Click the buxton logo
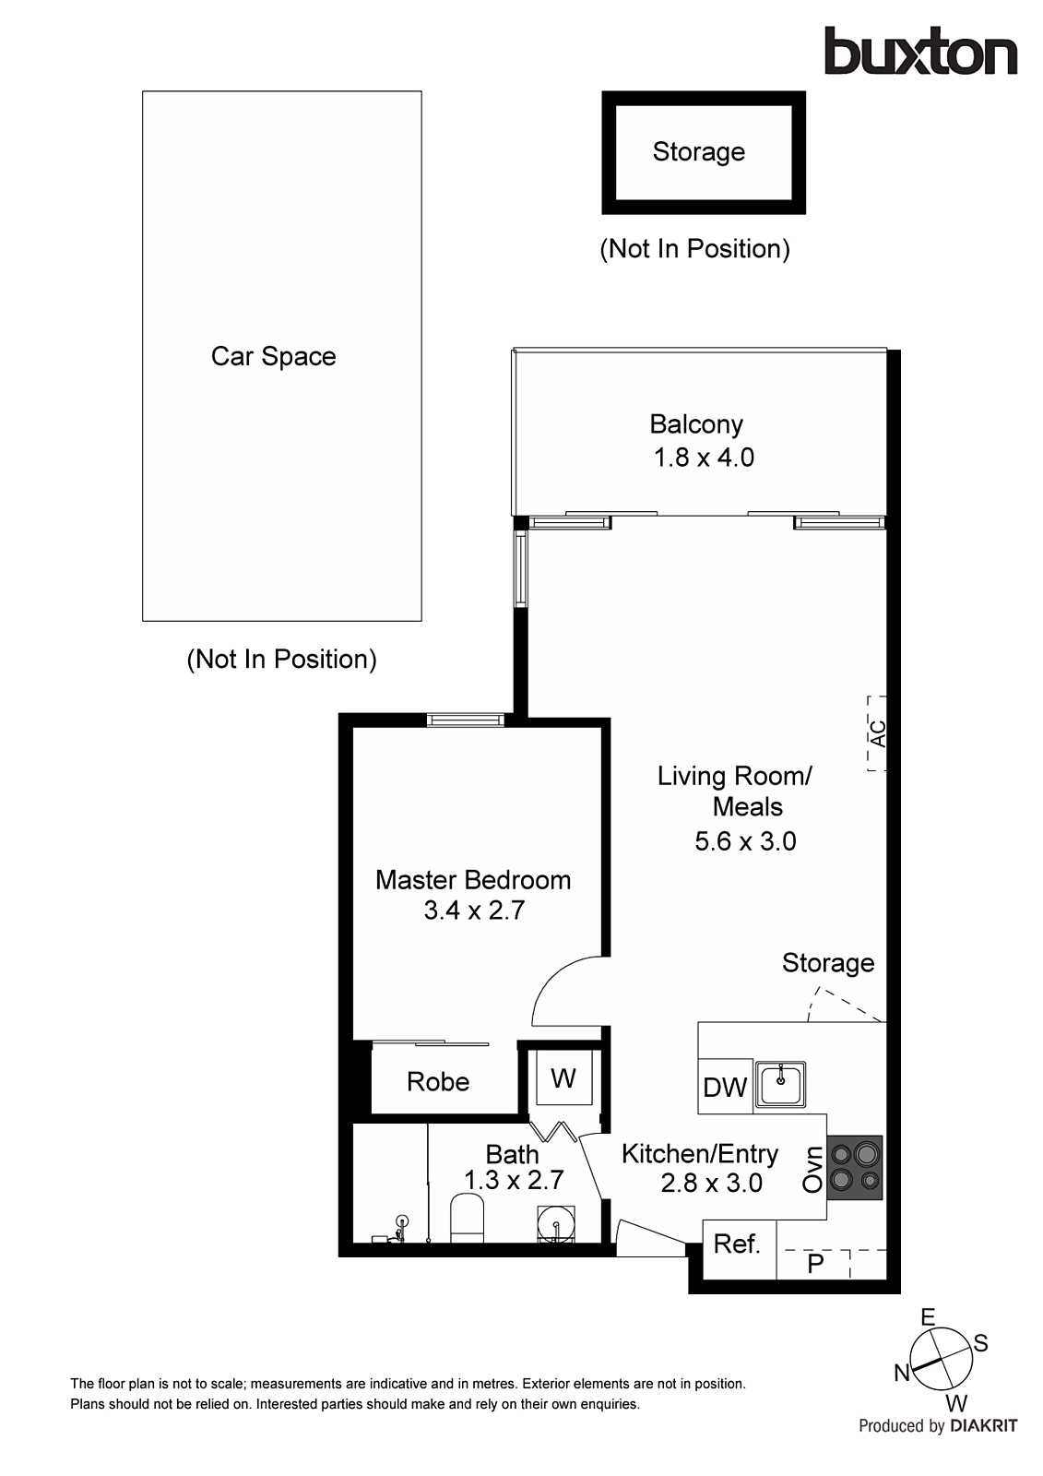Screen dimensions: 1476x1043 tap(919, 52)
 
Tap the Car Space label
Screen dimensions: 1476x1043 tap(273, 357)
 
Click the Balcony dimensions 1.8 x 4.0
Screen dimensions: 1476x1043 tap(704, 458)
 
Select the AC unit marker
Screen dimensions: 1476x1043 tap(877, 733)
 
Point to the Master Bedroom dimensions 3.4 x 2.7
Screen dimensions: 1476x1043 tap(474, 911)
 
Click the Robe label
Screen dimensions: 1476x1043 tap(438, 1082)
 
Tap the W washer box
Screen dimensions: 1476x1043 tap(563, 1077)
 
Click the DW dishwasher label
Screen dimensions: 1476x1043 tap(724, 1088)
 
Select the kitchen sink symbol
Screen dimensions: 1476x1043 tap(781, 1083)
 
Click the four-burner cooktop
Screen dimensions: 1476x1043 tap(855, 1167)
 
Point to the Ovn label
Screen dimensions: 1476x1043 tap(812, 1170)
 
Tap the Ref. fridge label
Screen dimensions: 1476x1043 tap(737, 1244)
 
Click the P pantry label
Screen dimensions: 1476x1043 tap(815, 1263)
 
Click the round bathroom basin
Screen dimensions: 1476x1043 tap(557, 1225)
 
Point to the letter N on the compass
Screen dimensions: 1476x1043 tap(902, 1374)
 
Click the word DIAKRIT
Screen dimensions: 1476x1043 tap(983, 1426)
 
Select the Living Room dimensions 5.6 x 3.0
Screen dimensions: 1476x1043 tap(745, 841)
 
